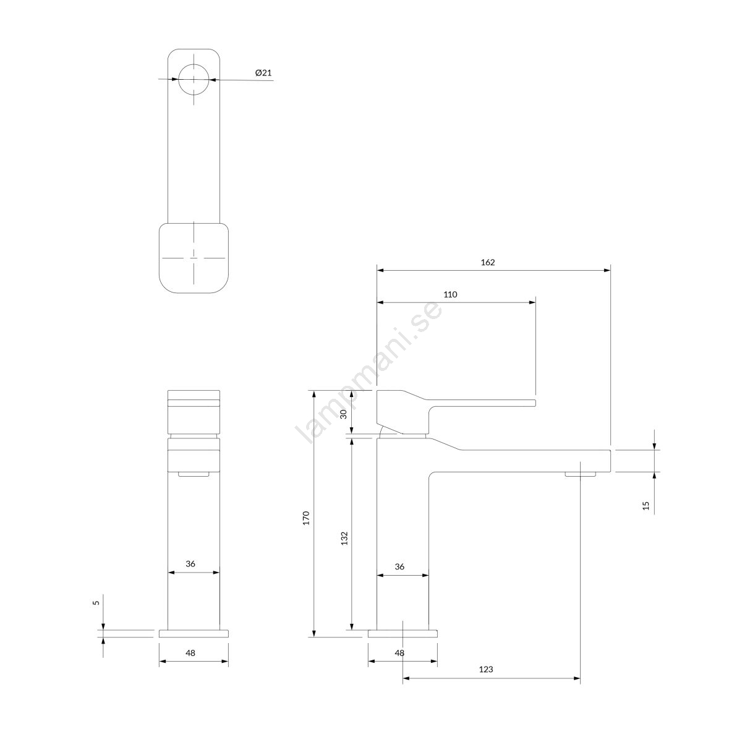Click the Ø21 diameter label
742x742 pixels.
pyautogui.click(x=263, y=73)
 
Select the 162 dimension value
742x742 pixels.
pyautogui.click(x=487, y=262)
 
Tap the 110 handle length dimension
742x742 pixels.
pyautogui.click(x=450, y=294)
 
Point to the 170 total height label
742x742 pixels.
pyautogui.click(x=306, y=518)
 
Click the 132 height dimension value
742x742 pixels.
pyautogui.click(x=344, y=538)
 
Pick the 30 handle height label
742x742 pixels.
pyautogui.click(x=343, y=414)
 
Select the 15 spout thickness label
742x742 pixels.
pyautogui.click(x=646, y=506)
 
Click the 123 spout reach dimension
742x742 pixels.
pyautogui.click(x=486, y=670)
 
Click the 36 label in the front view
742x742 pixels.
pyautogui.click(x=190, y=564)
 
